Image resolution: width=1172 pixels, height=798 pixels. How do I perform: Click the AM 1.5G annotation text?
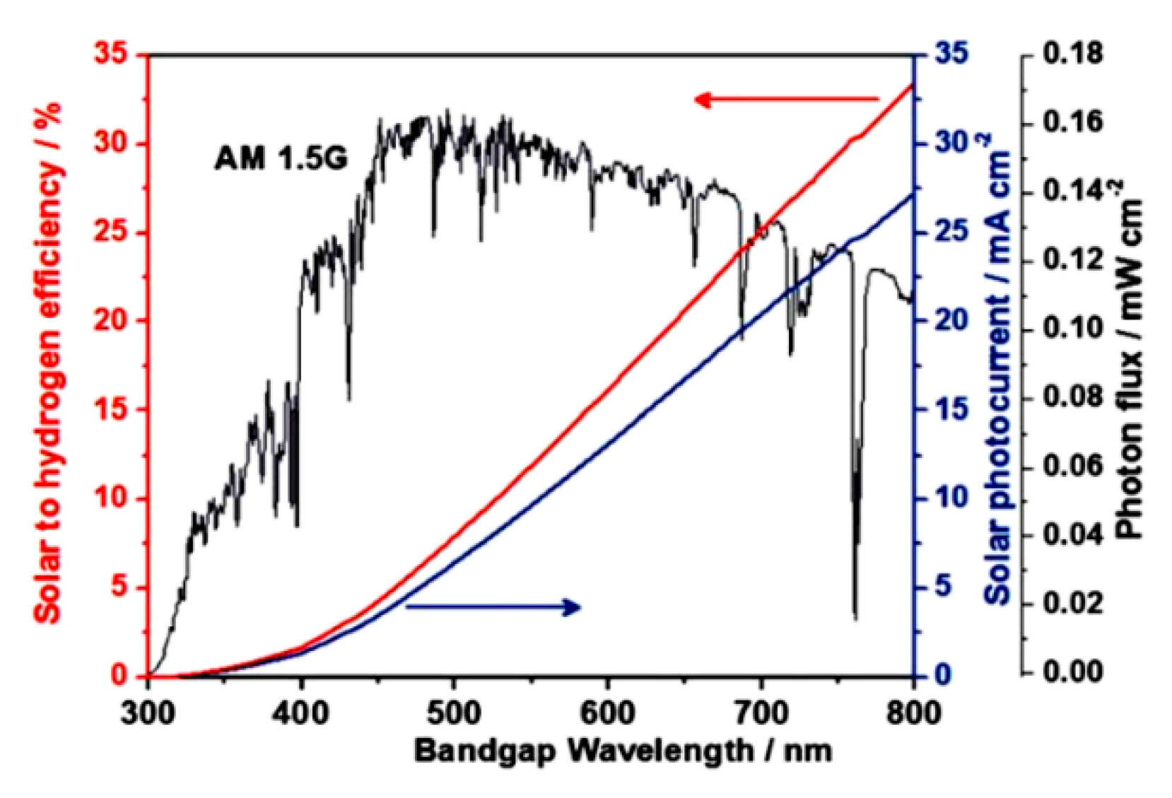(x=281, y=158)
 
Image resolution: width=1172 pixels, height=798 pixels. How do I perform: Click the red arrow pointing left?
(x=785, y=100)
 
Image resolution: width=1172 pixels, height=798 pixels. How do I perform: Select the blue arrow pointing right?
(x=493, y=606)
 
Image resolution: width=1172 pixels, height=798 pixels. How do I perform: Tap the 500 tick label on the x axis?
(x=453, y=712)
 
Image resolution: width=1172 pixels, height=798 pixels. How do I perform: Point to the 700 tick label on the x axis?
(x=760, y=712)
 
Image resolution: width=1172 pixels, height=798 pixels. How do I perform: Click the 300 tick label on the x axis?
(x=148, y=712)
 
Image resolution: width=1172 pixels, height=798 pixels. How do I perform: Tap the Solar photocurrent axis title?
(x=999, y=368)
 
